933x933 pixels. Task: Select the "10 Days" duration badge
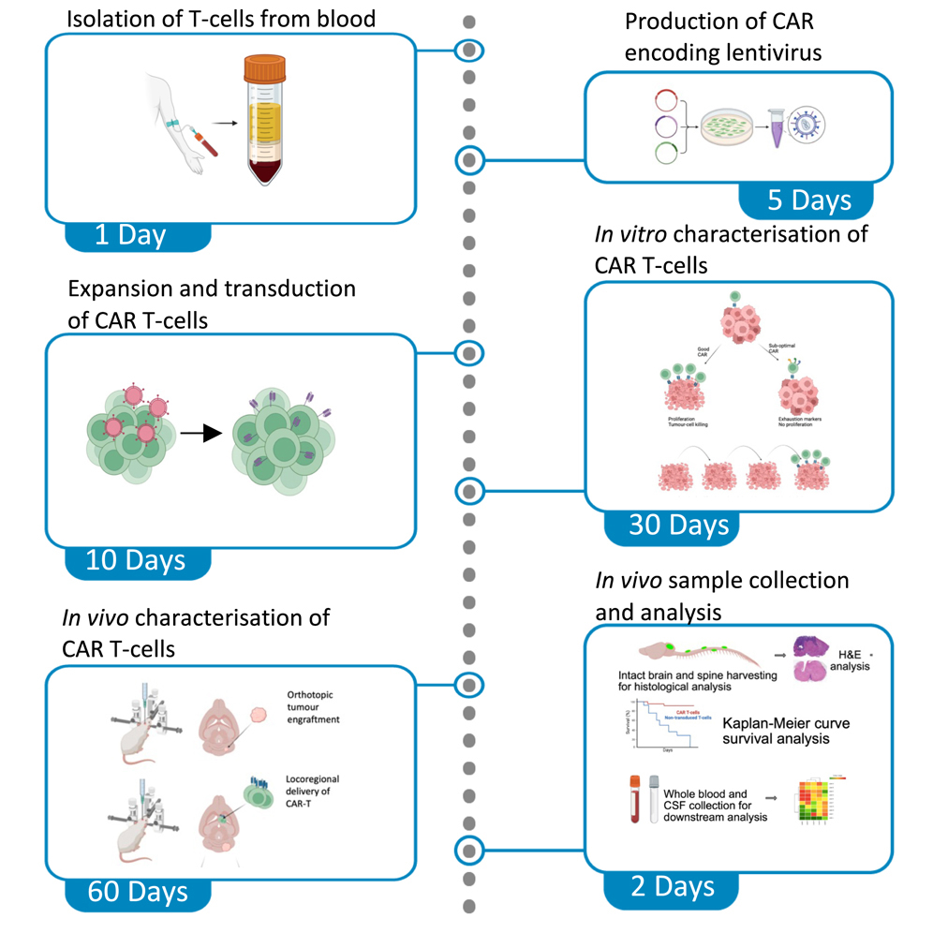(136, 560)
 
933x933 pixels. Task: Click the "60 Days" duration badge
(137, 891)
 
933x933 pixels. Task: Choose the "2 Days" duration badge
(672, 887)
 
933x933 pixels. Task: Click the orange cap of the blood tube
(271, 68)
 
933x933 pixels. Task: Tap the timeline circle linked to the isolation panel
(469, 50)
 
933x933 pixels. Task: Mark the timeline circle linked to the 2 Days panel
(469, 850)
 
